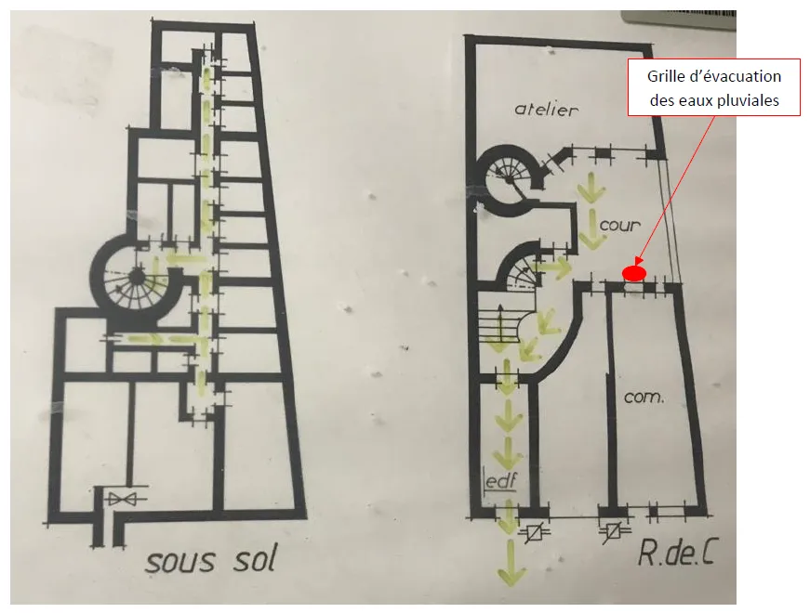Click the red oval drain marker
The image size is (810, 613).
[634, 273]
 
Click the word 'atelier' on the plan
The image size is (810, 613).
[546, 110]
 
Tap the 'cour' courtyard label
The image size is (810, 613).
[620, 226]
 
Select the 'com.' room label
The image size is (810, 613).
[644, 397]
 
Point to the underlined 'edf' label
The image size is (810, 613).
[500, 482]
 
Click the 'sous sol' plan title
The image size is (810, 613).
[210, 559]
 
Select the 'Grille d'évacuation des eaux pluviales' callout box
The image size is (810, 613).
[714, 87]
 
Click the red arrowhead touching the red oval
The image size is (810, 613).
[638, 262]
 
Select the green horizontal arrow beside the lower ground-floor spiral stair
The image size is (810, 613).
[553, 267]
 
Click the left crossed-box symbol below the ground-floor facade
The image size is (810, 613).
[532, 532]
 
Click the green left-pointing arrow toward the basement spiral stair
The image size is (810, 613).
[185, 257]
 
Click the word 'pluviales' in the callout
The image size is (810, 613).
[752, 100]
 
